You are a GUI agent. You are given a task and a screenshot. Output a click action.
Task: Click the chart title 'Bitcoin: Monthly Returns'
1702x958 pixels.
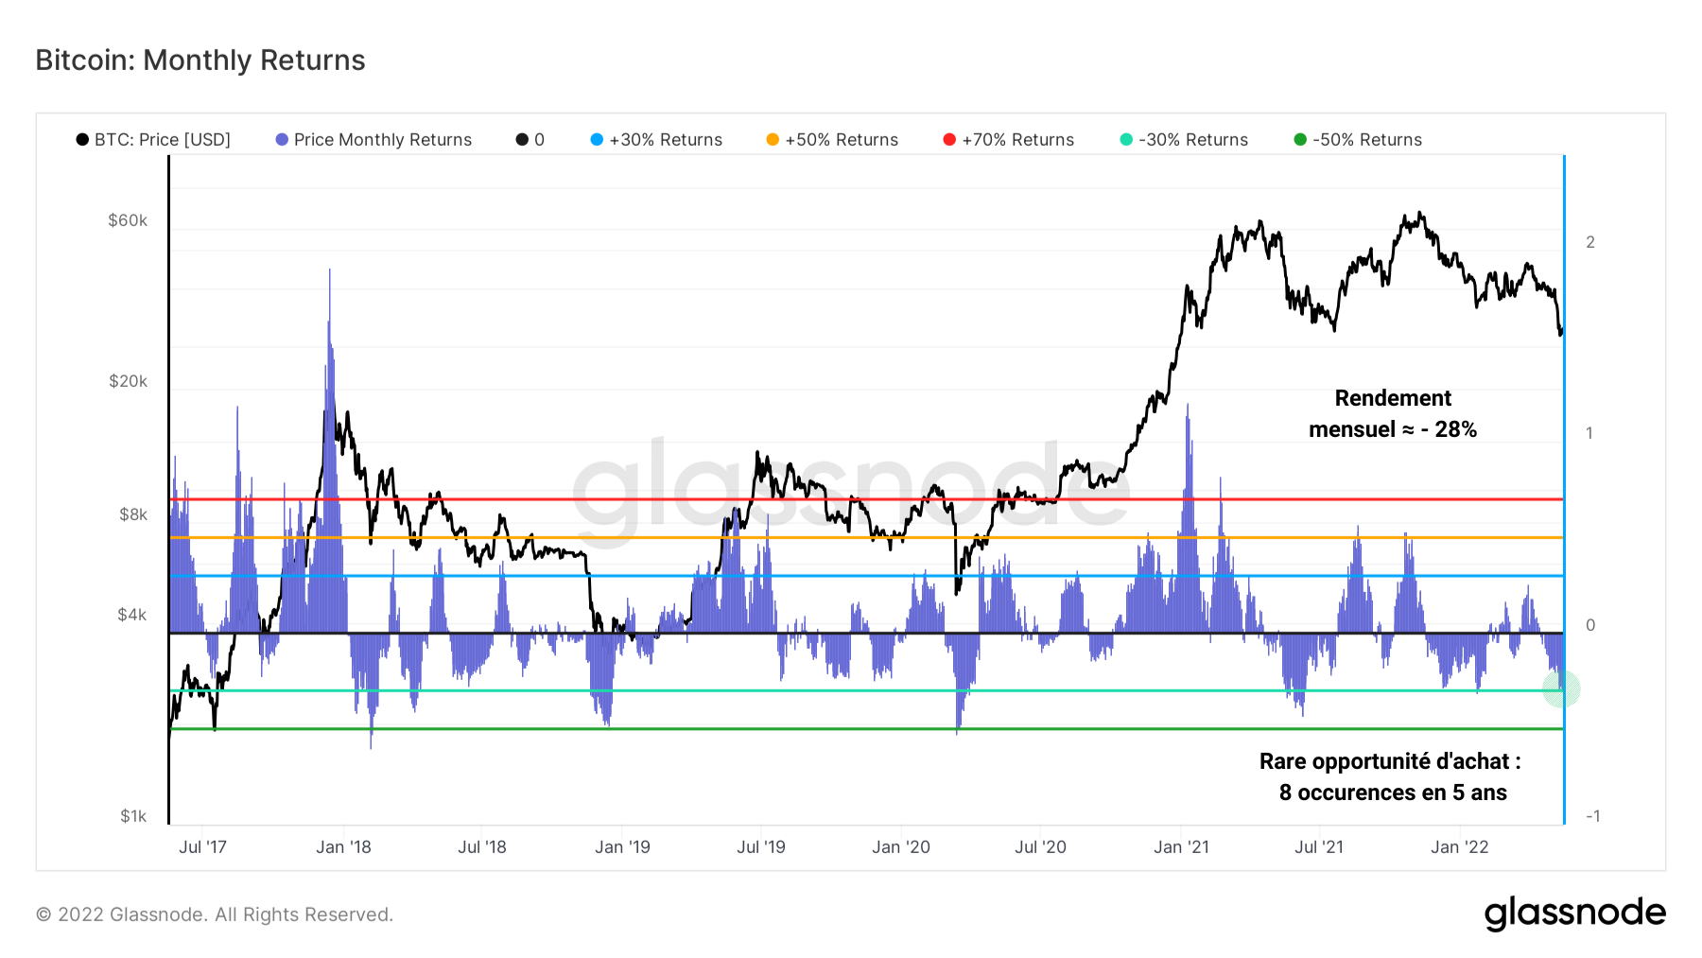click(x=200, y=60)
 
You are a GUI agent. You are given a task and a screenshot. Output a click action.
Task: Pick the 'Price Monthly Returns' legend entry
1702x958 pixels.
click(x=373, y=140)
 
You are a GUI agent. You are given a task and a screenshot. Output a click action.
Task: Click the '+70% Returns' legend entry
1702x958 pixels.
click(x=1009, y=140)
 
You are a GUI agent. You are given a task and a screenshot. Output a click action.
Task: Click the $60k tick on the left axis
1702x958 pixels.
click(x=128, y=220)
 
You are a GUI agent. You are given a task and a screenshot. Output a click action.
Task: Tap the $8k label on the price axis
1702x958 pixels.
click(x=133, y=514)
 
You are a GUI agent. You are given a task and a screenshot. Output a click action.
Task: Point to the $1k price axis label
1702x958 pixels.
click(x=133, y=816)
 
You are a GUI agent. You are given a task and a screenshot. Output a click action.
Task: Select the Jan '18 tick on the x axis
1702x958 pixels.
click(x=343, y=847)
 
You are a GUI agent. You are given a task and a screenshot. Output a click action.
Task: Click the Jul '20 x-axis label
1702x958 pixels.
click(x=1040, y=847)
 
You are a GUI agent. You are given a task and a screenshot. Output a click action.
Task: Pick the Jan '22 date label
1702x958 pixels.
click(x=1459, y=847)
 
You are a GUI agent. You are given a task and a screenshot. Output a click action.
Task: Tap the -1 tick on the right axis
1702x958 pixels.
click(x=1592, y=816)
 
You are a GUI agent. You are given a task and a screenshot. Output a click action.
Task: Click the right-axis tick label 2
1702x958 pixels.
click(x=1590, y=242)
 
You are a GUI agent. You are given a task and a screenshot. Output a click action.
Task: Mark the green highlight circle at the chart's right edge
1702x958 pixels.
click(x=1561, y=688)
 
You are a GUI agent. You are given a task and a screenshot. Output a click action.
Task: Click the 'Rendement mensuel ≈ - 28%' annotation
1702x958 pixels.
click(x=1393, y=414)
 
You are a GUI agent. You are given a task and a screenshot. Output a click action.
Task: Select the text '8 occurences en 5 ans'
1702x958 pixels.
click(x=1393, y=793)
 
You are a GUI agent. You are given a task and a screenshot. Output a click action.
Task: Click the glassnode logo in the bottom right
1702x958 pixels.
click(x=1574, y=914)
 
